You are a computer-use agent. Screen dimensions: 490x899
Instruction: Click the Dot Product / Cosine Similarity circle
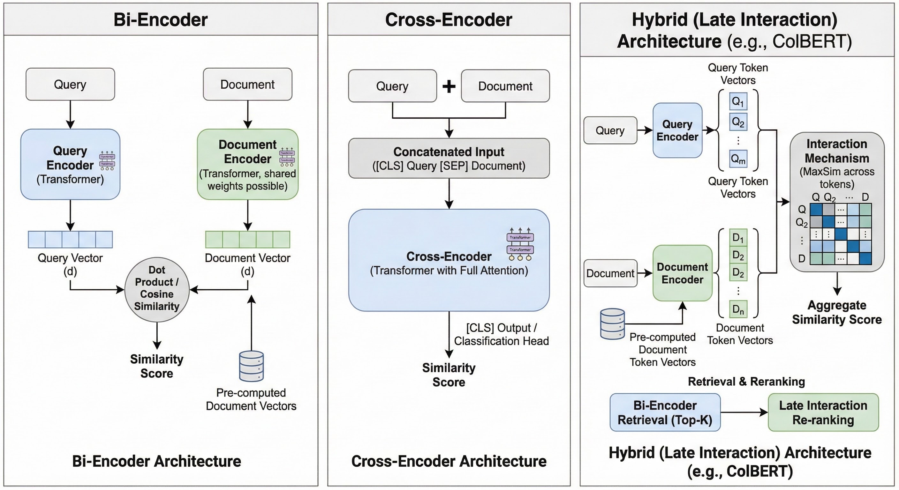click(x=157, y=289)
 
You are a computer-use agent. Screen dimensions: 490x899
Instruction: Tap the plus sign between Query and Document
click(x=449, y=86)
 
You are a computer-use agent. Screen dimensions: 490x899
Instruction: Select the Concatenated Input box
click(x=449, y=158)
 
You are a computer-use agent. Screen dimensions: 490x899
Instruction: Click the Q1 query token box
click(x=738, y=101)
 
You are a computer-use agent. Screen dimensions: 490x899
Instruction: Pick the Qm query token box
click(x=738, y=159)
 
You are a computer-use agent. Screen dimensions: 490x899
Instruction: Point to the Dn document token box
click(x=738, y=309)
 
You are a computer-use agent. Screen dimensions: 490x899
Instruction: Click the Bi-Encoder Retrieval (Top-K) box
click(x=665, y=412)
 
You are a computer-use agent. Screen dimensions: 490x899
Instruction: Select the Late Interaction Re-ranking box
click(x=823, y=412)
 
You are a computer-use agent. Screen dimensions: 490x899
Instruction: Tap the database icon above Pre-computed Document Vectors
click(x=251, y=366)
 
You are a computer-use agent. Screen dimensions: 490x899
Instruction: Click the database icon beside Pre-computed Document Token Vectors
click(x=612, y=324)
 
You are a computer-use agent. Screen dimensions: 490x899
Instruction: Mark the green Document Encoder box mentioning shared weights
click(x=247, y=164)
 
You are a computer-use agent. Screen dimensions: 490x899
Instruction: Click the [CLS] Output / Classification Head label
click(x=501, y=334)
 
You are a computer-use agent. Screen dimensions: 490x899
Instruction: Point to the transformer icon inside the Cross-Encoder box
click(x=520, y=244)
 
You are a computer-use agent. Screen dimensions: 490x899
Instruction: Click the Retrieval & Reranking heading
click(x=746, y=382)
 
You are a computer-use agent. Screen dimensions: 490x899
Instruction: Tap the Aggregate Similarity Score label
click(x=836, y=312)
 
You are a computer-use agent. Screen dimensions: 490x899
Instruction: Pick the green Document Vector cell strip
click(x=247, y=239)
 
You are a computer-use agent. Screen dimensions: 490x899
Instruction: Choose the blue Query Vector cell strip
click(x=70, y=239)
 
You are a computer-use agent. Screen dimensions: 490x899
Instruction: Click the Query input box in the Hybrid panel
click(x=610, y=130)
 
